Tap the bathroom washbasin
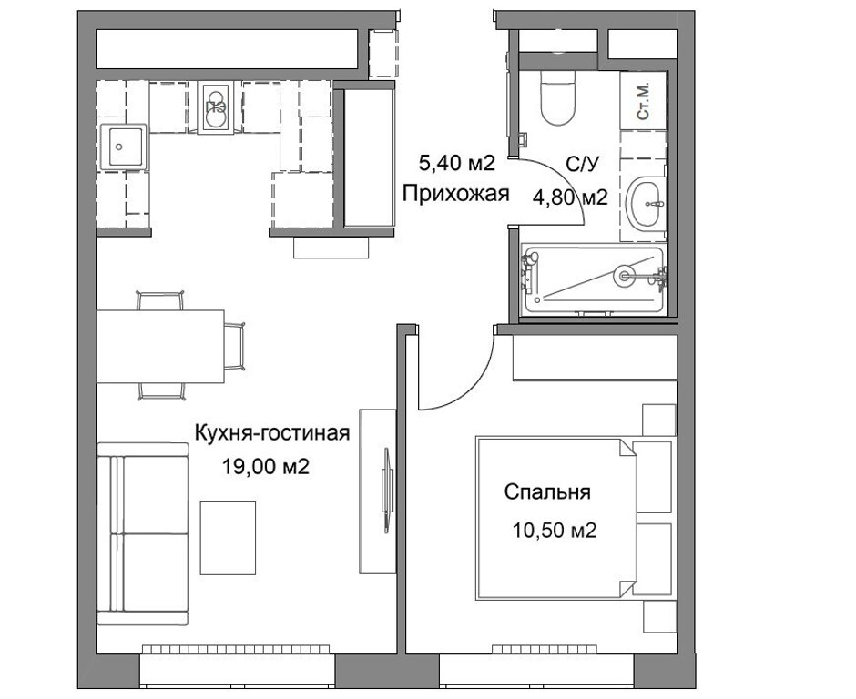point(645,204)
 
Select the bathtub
point(594,280)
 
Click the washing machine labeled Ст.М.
point(644,101)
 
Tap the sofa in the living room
point(143,533)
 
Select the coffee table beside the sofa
point(228,538)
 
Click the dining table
point(160,347)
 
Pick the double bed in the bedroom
point(556,517)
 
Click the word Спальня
point(547,492)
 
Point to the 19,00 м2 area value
point(265,466)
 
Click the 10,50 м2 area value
point(554,530)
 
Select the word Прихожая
point(456,193)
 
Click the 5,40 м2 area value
point(456,162)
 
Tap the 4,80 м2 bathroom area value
point(570,197)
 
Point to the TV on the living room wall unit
point(387,490)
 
